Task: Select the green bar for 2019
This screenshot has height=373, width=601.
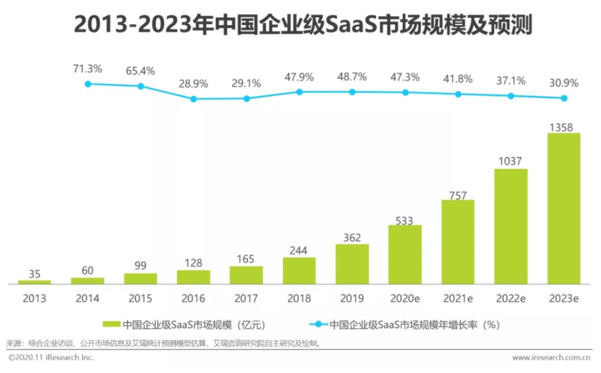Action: pos(352,264)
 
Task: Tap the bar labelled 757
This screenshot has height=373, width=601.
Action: pos(458,241)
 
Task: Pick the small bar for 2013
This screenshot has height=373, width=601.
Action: pos(34,282)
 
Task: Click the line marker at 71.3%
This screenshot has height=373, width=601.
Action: pos(88,84)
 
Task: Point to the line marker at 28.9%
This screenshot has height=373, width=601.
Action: pos(193,99)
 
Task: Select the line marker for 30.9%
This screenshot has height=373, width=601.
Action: pos(563,98)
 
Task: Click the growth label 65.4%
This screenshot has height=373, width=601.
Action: pos(140,71)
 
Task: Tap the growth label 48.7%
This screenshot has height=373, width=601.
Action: pos(352,78)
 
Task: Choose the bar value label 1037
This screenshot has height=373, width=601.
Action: pos(511,161)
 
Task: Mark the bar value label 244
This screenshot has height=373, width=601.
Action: pos(299,250)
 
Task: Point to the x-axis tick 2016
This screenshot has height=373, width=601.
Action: pos(193,296)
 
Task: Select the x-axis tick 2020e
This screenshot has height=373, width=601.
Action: pos(405,296)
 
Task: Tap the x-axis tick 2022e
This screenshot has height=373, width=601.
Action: pos(511,296)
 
